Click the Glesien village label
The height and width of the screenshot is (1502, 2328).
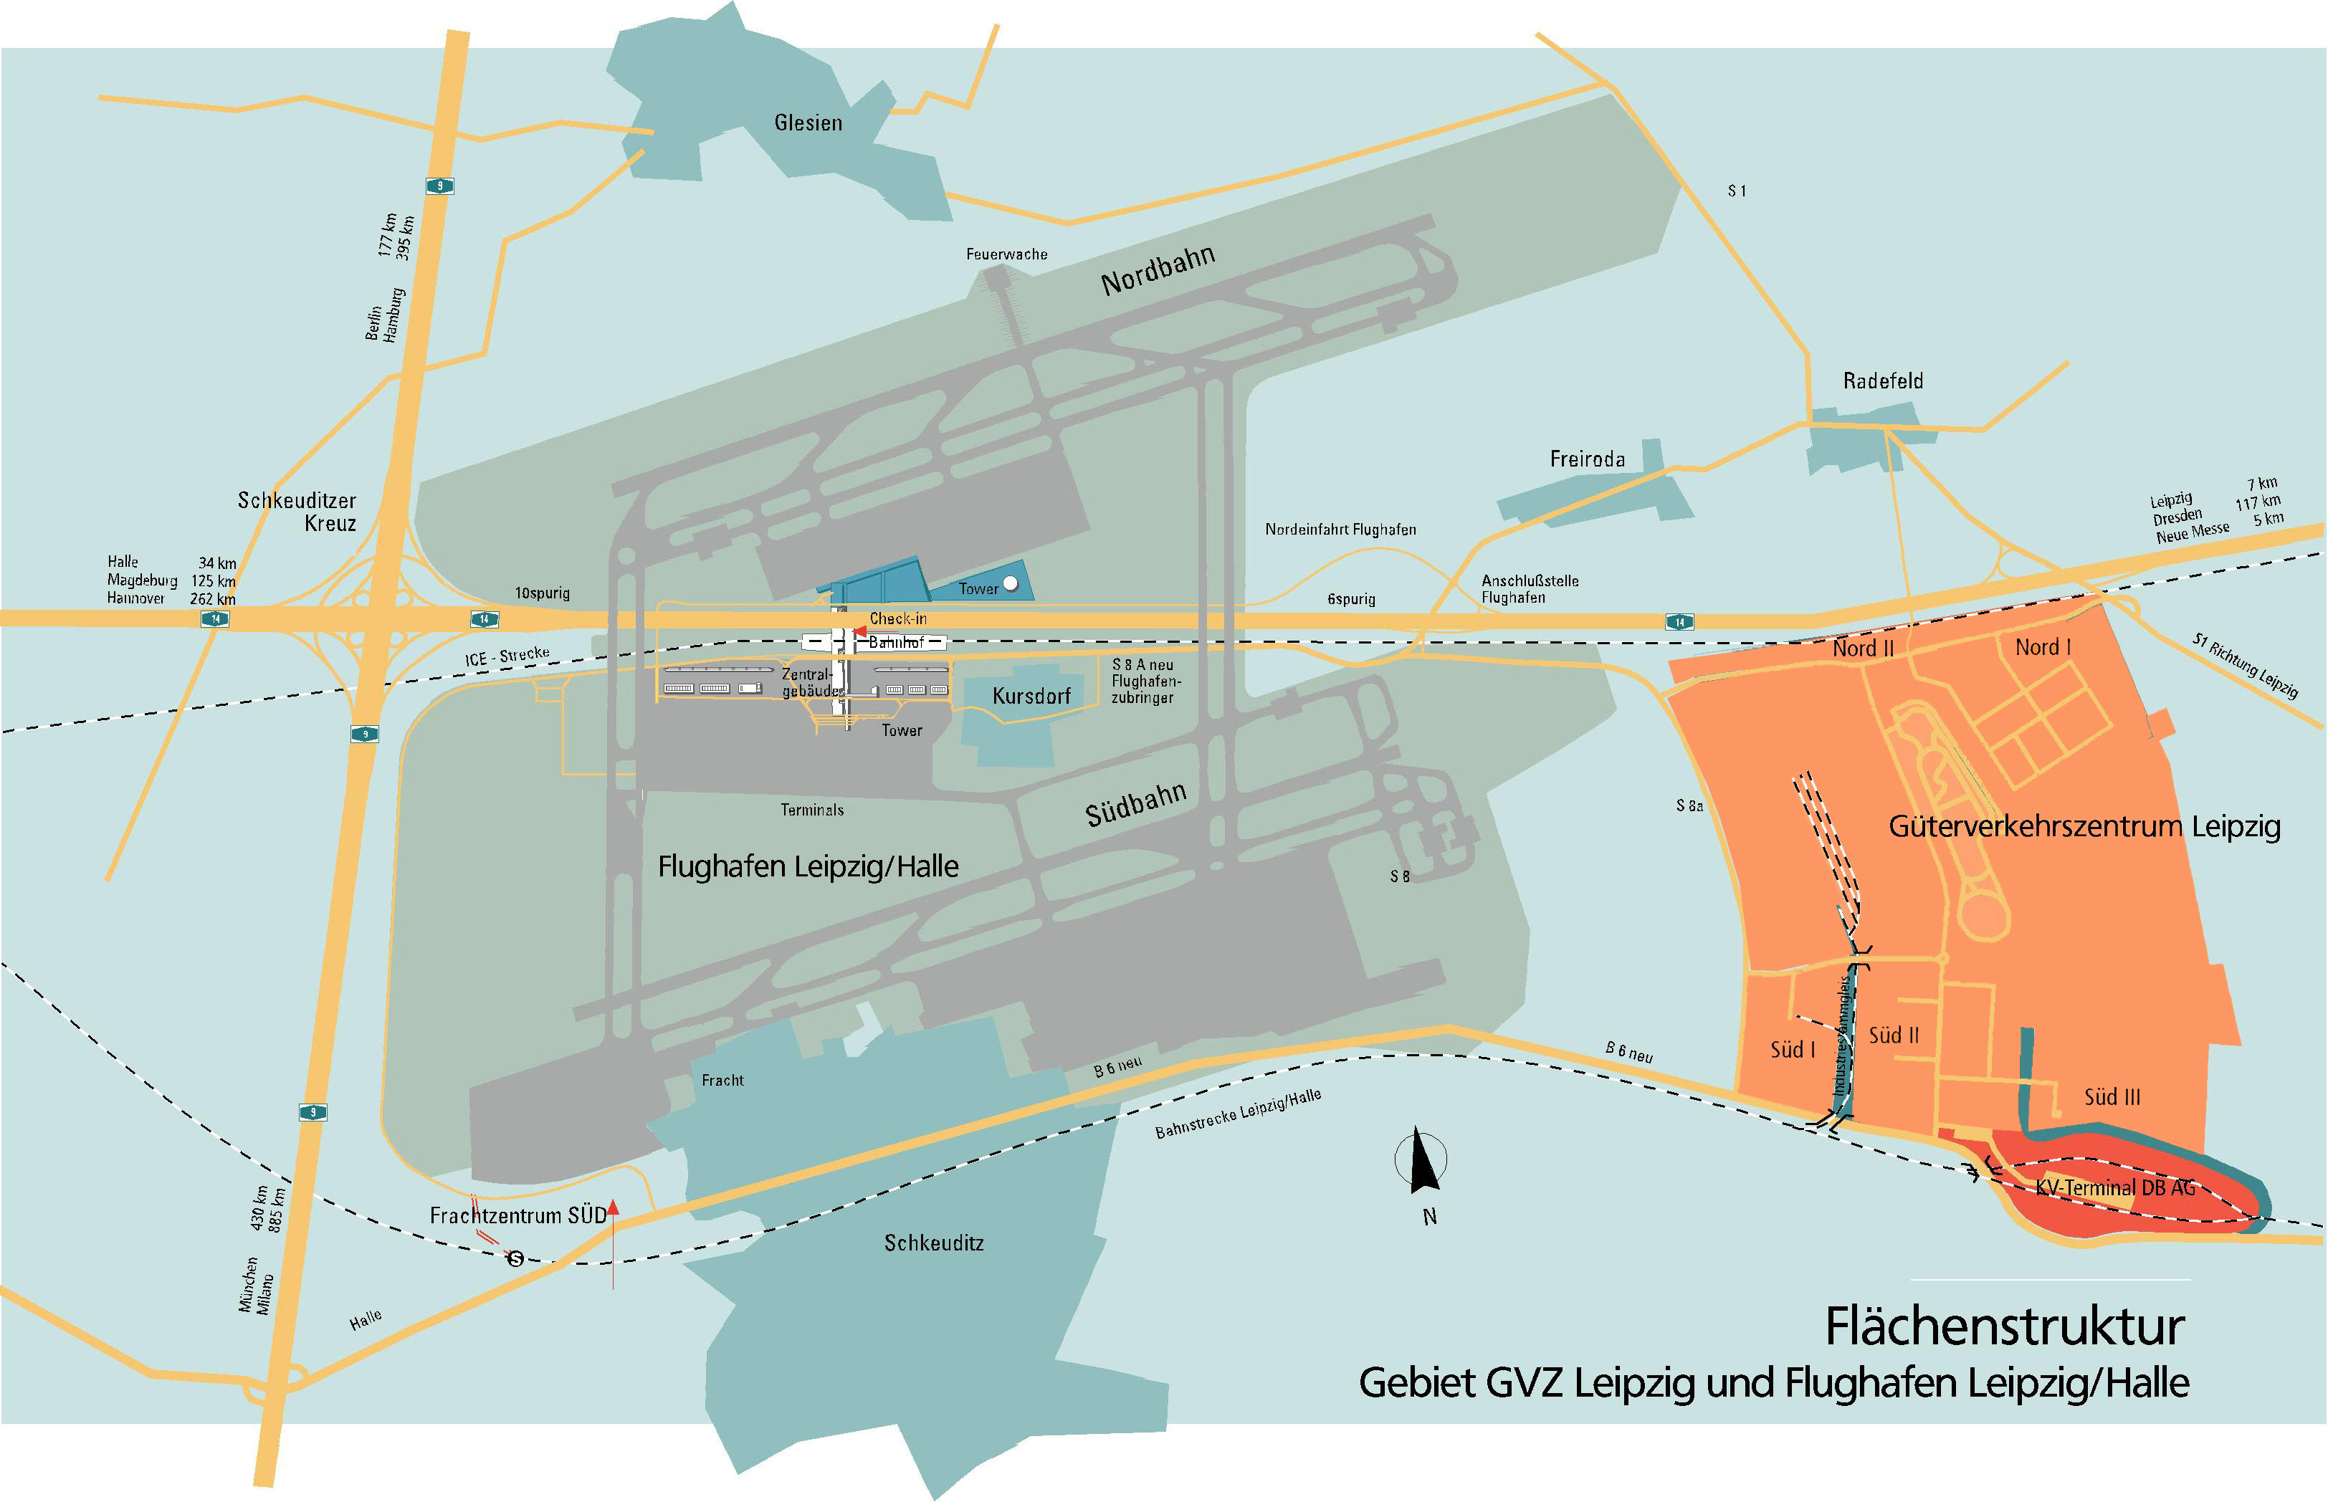(808, 123)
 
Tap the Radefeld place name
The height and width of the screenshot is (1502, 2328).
(1882, 381)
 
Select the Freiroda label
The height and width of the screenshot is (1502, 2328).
(1587, 459)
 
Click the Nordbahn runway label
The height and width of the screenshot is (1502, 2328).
(1158, 270)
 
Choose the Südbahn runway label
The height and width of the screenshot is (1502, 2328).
(1135, 805)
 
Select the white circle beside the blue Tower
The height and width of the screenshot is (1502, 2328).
(1011, 584)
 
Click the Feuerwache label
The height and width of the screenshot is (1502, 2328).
(1006, 254)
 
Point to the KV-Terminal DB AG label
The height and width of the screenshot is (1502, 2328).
(2114, 1188)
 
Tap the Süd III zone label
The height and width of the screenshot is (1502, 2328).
(2112, 1097)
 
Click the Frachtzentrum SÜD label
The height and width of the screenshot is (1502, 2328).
(518, 1216)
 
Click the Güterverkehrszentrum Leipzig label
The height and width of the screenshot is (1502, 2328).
(2084, 827)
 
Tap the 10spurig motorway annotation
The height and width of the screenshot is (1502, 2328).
(543, 593)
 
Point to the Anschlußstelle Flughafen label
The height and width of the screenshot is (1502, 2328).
(1528, 589)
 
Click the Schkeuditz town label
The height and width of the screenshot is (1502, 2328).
(933, 1243)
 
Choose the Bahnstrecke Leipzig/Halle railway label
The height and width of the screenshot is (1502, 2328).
(1238, 1113)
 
